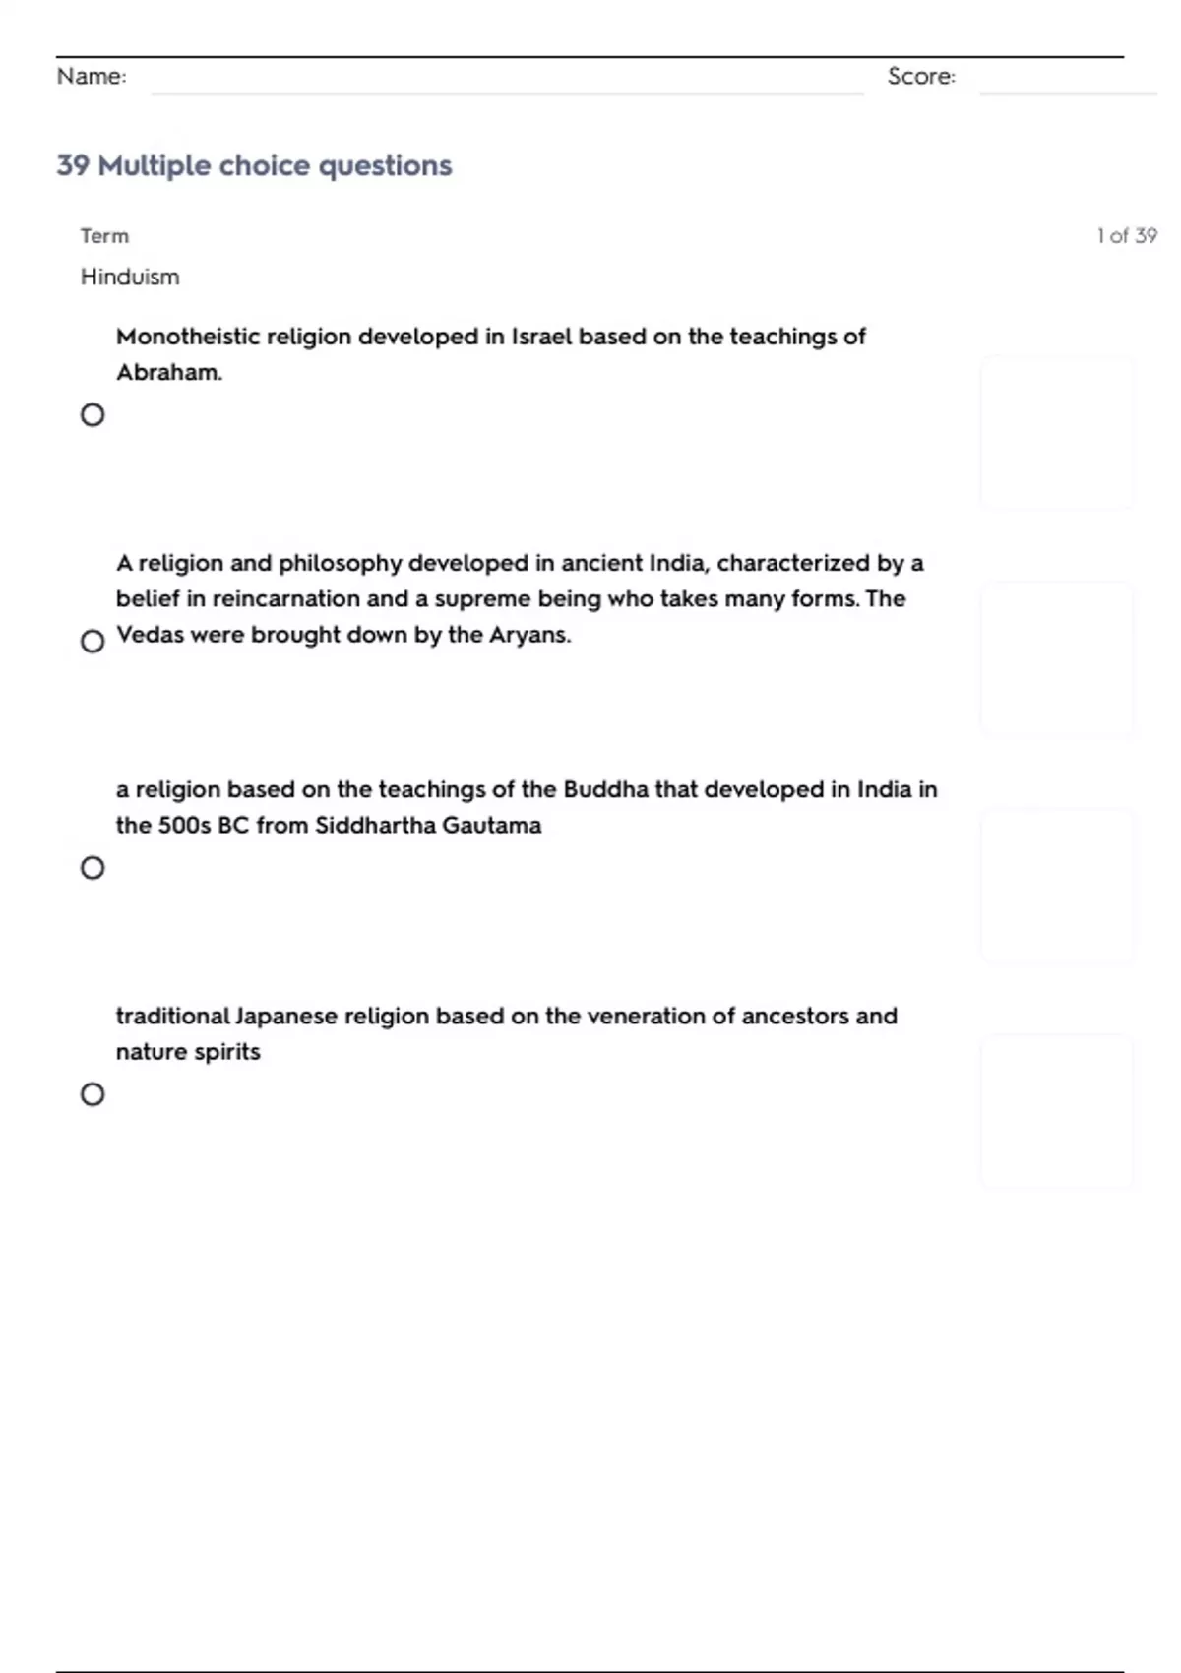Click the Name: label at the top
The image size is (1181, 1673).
92,77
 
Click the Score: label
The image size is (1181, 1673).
921,77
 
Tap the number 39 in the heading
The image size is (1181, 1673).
73,165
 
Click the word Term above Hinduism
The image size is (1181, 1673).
104,236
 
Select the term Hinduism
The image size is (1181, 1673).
130,278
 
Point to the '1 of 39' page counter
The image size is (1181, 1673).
1127,236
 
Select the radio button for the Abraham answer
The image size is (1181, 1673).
93,415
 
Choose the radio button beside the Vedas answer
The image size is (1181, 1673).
93,642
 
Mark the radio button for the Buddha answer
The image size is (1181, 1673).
93,868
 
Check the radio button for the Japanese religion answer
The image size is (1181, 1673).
93,1094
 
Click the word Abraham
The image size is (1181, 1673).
168,373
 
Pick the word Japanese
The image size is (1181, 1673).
286,1017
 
